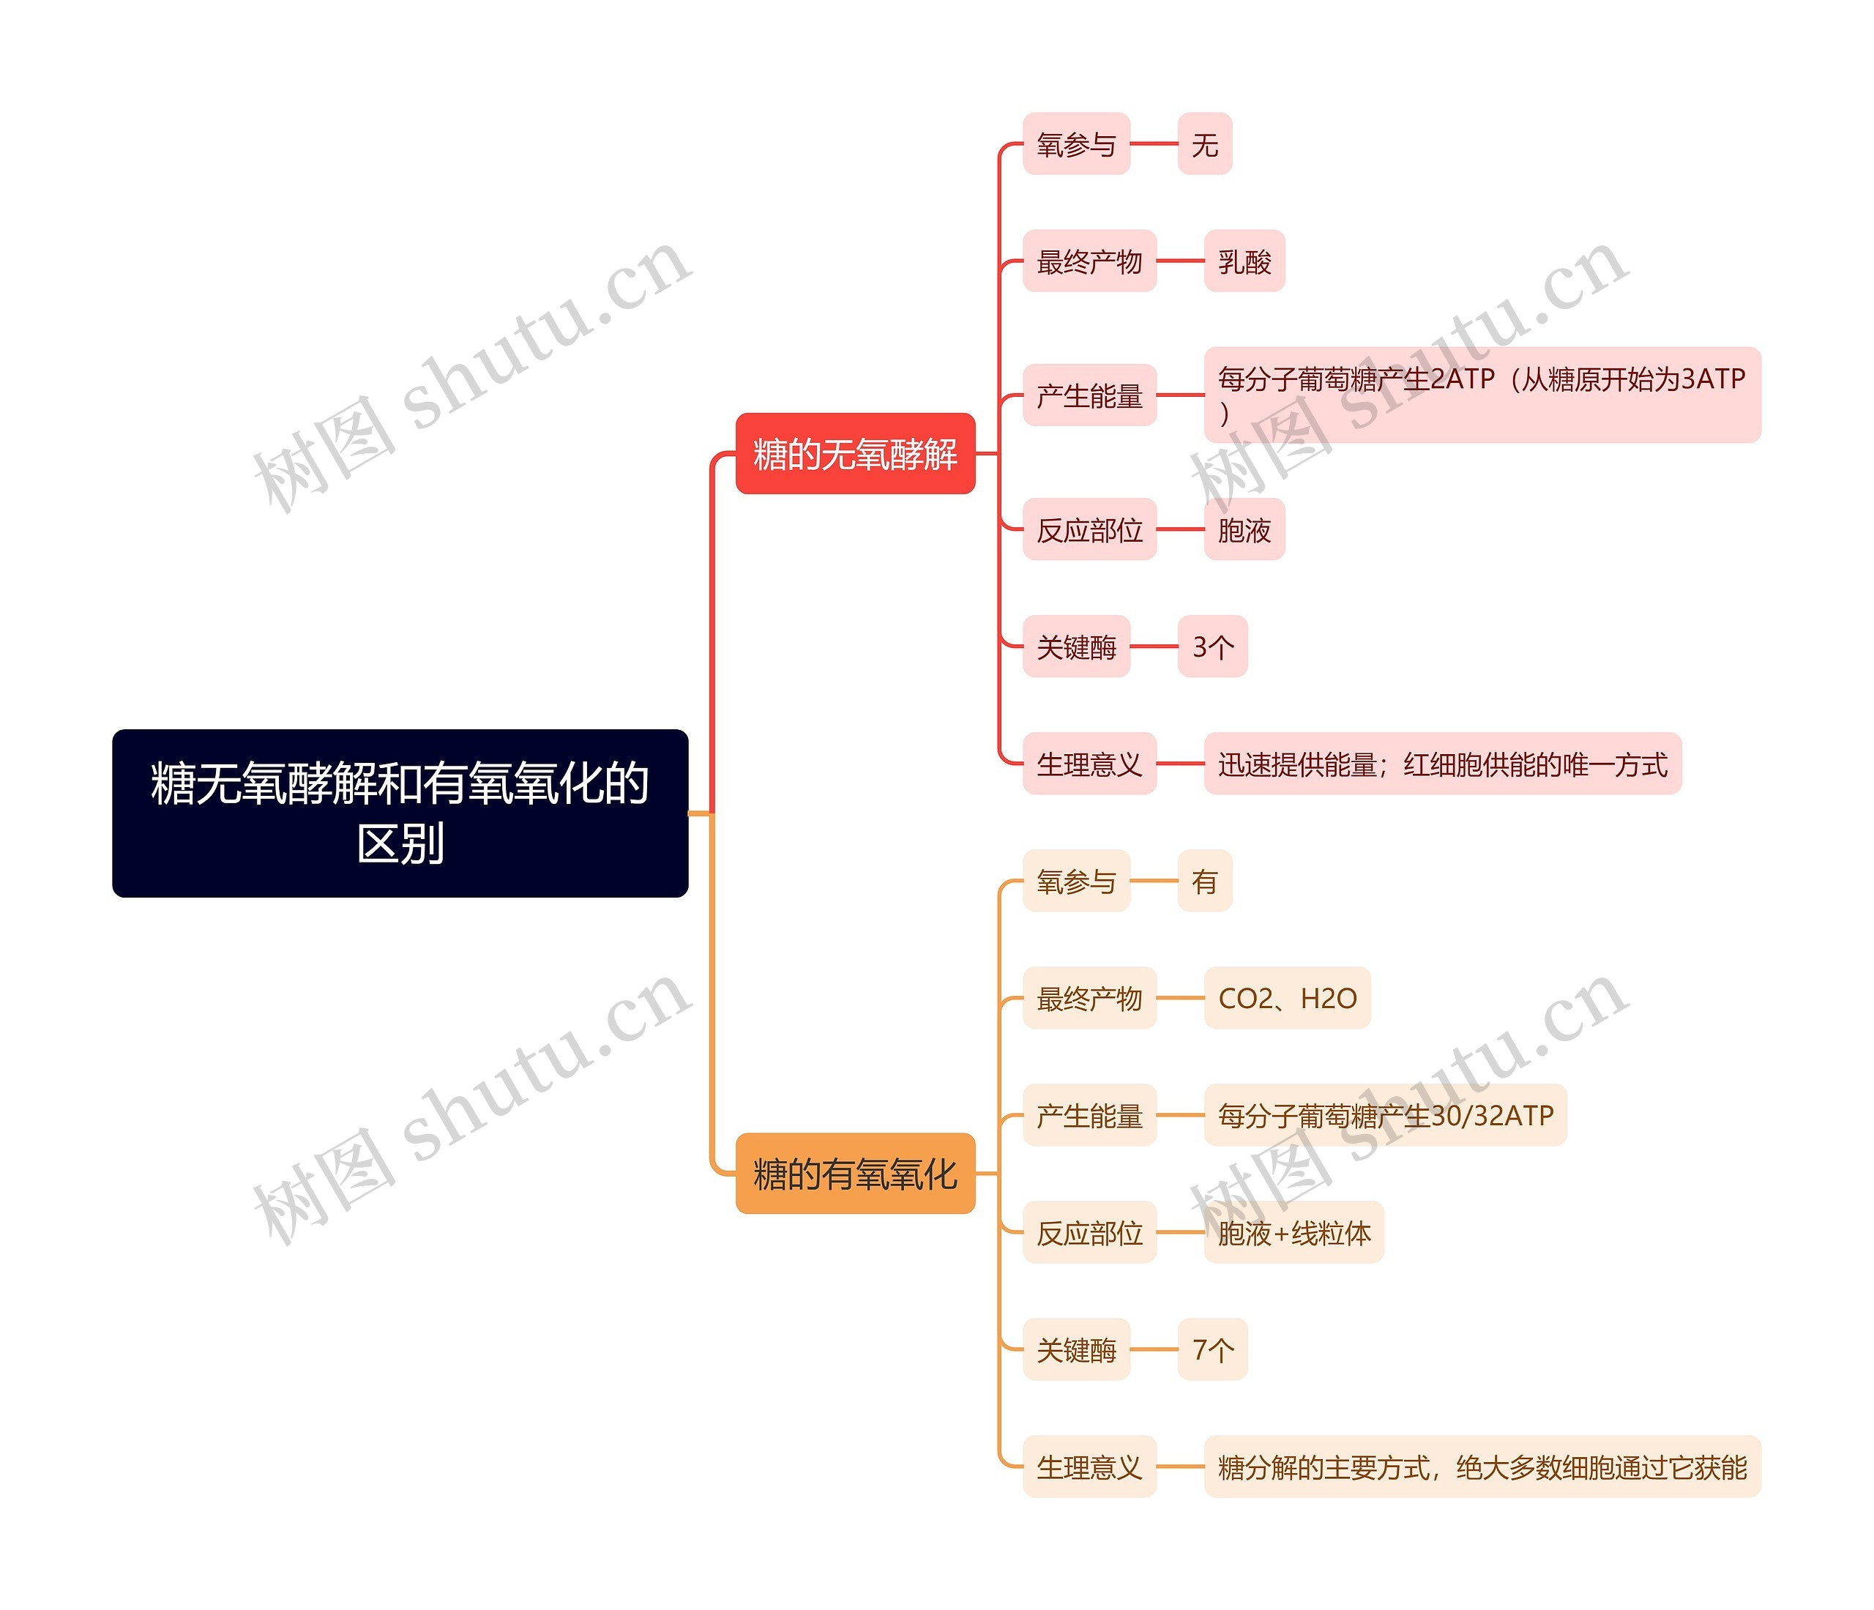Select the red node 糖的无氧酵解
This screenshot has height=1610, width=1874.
click(855, 453)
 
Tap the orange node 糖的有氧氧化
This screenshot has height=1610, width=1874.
click(855, 1173)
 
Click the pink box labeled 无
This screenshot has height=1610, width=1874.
click(1203, 144)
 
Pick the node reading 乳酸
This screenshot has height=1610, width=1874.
click(1244, 261)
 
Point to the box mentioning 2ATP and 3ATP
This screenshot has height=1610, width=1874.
click(1482, 395)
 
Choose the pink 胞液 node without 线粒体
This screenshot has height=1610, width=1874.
click(1244, 529)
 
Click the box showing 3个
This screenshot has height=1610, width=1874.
click(1212, 646)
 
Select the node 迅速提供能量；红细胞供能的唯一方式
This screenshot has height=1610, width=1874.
click(1441, 764)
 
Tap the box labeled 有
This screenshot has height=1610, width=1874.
click(1203, 881)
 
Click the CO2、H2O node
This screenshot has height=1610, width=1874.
click(1286, 998)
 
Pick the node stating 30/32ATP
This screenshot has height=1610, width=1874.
click(1385, 1115)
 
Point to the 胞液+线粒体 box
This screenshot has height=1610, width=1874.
click(1293, 1232)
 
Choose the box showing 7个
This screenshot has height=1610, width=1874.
click(1212, 1349)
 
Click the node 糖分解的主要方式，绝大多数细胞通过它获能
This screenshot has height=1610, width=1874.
click(1482, 1466)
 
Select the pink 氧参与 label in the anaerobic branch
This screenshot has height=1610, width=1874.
click(1075, 144)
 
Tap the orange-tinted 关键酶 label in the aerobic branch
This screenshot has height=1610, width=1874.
click(1075, 1349)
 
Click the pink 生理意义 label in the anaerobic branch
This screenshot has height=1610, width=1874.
click(1089, 764)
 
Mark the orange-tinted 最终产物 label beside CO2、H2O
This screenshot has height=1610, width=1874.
click(1089, 998)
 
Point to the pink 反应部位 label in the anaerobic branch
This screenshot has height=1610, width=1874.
click(1089, 529)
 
